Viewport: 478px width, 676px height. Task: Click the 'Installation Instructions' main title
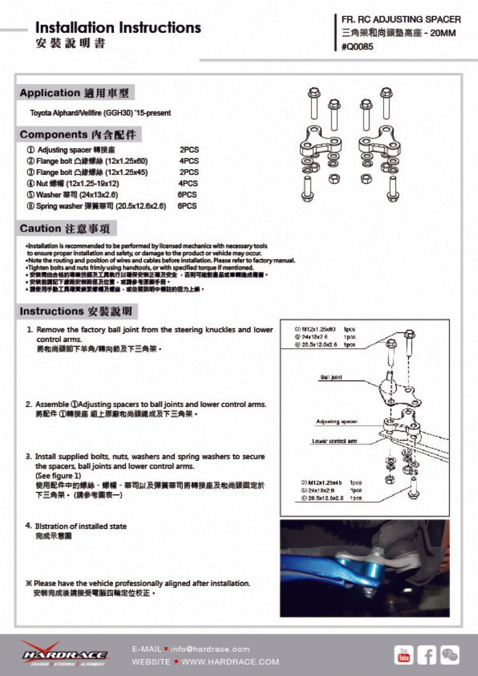[118, 28]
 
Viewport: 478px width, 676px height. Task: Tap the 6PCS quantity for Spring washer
[187, 206]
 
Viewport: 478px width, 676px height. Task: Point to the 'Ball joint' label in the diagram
[331, 377]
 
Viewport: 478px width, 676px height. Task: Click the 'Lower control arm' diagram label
[334, 441]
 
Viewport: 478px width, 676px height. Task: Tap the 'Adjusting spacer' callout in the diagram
[337, 422]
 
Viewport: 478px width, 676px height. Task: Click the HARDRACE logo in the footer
[65, 654]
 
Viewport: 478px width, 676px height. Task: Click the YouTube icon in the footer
[404, 654]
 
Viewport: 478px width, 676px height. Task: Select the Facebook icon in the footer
[426, 654]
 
